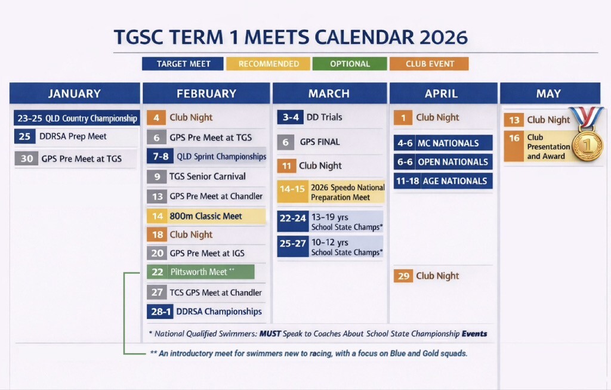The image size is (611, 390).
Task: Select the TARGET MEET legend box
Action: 183,64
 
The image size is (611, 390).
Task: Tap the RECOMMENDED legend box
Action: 269,64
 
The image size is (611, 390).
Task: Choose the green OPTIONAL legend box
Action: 350,64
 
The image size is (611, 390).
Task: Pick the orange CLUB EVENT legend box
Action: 430,64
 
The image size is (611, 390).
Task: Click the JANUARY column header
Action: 75,94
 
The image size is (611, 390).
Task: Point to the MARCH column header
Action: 329,94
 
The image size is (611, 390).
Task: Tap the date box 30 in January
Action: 26,159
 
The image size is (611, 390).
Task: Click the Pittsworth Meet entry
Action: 200,271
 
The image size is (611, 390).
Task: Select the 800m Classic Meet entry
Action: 206,216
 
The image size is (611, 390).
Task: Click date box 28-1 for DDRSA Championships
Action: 160,312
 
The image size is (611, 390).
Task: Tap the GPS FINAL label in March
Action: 320,142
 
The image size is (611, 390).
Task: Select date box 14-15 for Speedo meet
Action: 292,190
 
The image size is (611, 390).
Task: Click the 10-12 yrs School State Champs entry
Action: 331,247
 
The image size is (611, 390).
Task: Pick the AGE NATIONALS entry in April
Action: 443,181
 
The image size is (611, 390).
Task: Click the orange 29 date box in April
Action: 403,276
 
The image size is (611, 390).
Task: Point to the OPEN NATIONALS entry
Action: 443,162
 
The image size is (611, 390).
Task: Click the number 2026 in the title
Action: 443,38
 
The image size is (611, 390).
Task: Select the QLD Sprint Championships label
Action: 221,157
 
